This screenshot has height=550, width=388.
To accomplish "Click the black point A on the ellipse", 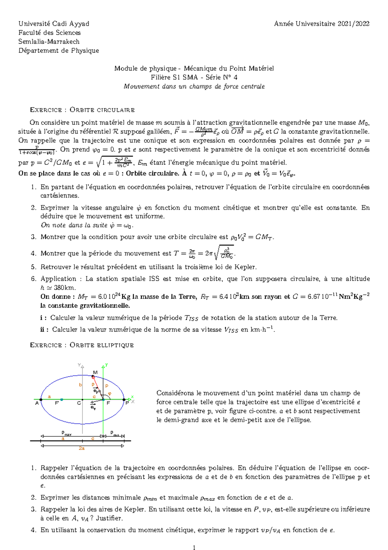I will click(x=41, y=400).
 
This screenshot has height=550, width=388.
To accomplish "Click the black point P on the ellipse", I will click(x=124, y=400).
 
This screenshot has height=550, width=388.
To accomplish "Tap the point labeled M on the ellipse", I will click(x=93, y=376).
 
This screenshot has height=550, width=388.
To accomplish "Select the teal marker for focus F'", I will click(x=62, y=400).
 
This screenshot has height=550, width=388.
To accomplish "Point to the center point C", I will click(x=82, y=400).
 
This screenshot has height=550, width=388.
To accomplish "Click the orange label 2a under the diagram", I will click(x=82, y=448).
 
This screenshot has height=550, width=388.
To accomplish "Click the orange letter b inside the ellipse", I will click(x=81, y=385).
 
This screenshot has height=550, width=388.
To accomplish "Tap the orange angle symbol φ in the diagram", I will click(x=109, y=394).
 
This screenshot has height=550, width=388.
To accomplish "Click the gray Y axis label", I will click(x=79, y=365).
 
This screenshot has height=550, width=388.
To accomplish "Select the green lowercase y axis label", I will click(x=106, y=365).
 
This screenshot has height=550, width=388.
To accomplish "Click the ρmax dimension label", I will click(x=66, y=433).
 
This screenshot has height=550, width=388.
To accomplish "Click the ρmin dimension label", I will click(x=114, y=433).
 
